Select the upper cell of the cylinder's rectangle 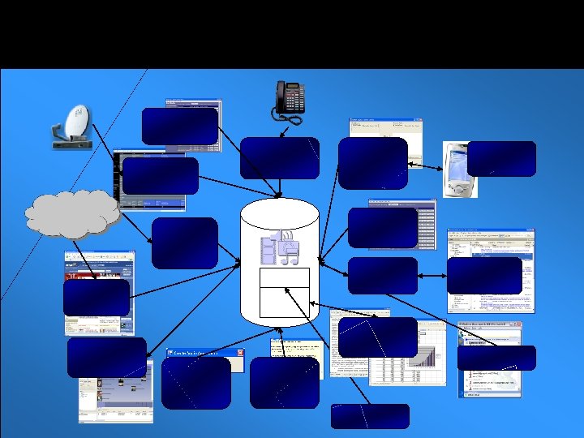[284, 277]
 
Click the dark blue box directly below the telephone [279, 157]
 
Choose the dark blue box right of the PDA [501, 158]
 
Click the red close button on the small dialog [239, 354]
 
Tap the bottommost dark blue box [370, 416]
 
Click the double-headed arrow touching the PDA [424, 165]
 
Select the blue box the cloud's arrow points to [184, 243]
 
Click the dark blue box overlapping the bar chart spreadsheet [377, 337]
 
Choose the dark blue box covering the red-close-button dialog [195, 383]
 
